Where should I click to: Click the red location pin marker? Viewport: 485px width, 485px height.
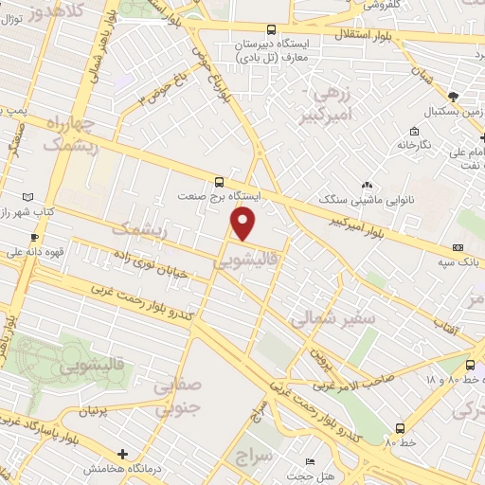tap(244, 224)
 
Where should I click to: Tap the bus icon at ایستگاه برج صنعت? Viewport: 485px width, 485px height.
tap(220, 181)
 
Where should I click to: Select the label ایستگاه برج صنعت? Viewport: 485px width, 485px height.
tap(219, 196)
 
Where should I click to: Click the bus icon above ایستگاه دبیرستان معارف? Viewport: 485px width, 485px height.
tap(272, 30)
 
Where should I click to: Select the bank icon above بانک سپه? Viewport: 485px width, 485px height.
tap(458, 248)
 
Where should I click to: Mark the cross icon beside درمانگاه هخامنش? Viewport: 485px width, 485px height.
tap(122, 454)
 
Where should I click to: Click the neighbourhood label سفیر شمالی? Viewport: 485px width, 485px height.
tap(333, 319)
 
